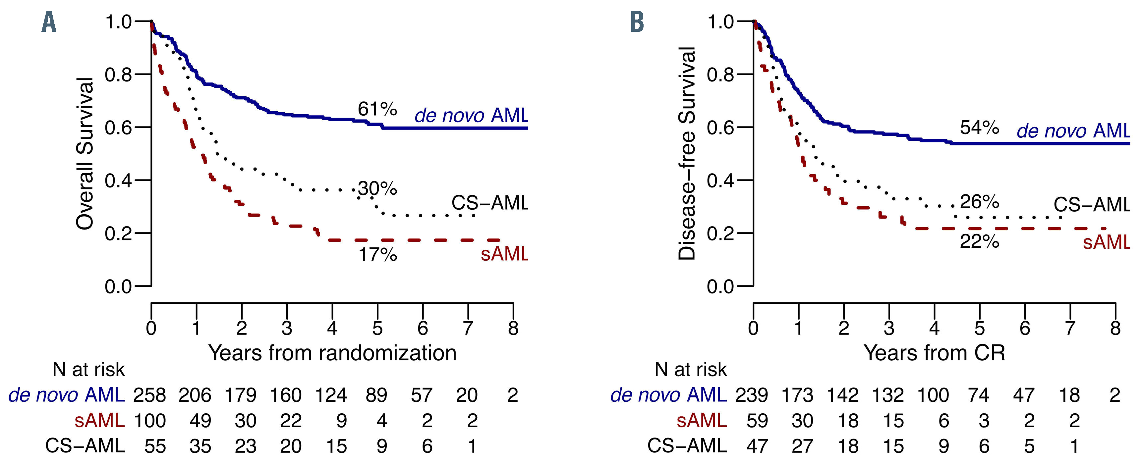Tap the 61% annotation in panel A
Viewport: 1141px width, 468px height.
point(377,109)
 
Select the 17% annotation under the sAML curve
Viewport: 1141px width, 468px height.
point(377,255)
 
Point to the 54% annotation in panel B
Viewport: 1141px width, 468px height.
point(979,128)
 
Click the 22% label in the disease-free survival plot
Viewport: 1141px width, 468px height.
point(979,242)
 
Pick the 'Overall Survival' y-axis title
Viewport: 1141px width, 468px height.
point(85,154)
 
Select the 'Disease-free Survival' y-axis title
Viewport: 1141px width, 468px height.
point(687,154)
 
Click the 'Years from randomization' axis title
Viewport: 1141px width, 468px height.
point(332,353)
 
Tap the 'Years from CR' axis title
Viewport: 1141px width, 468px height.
point(934,353)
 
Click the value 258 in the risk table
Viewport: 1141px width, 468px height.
point(150,395)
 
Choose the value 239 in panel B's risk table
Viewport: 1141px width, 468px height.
point(752,395)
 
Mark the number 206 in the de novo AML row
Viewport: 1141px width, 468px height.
point(195,395)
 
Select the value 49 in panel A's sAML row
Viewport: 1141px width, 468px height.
point(200,421)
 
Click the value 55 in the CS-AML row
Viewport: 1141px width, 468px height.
point(155,446)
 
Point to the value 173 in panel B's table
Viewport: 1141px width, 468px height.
point(797,395)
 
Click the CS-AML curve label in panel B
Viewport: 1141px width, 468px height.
point(1092,205)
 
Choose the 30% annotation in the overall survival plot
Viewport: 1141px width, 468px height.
point(377,188)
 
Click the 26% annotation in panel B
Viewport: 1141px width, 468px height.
point(979,202)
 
